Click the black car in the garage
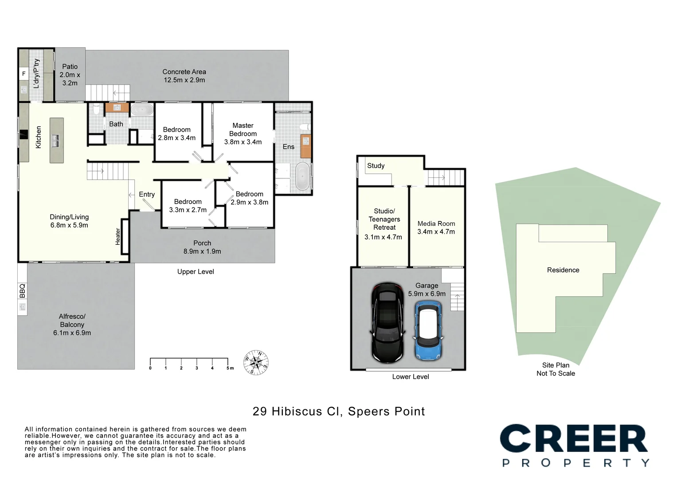[x=387, y=322]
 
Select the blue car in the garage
[x=428, y=330]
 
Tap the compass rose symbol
[x=256, y=362]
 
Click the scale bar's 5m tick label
[x=230, y=368]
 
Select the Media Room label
[x=436, y=224]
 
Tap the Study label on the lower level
[x=376, y=165]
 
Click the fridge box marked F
[x=24, y=74]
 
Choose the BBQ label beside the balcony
[x=22, y=291]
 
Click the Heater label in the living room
[x=118, y=236]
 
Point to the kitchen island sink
[x=56, y=141]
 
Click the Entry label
[x=147, y=194]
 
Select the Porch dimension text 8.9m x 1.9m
[x=202, y=251]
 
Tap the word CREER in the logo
[x=574, y=438]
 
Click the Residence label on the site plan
[x=563, y=270]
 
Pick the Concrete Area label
[x=184, y=72]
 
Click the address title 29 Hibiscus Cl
[x=297, y=412]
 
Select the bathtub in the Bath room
[x=142, y=110]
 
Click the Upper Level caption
[x=196, y=271]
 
